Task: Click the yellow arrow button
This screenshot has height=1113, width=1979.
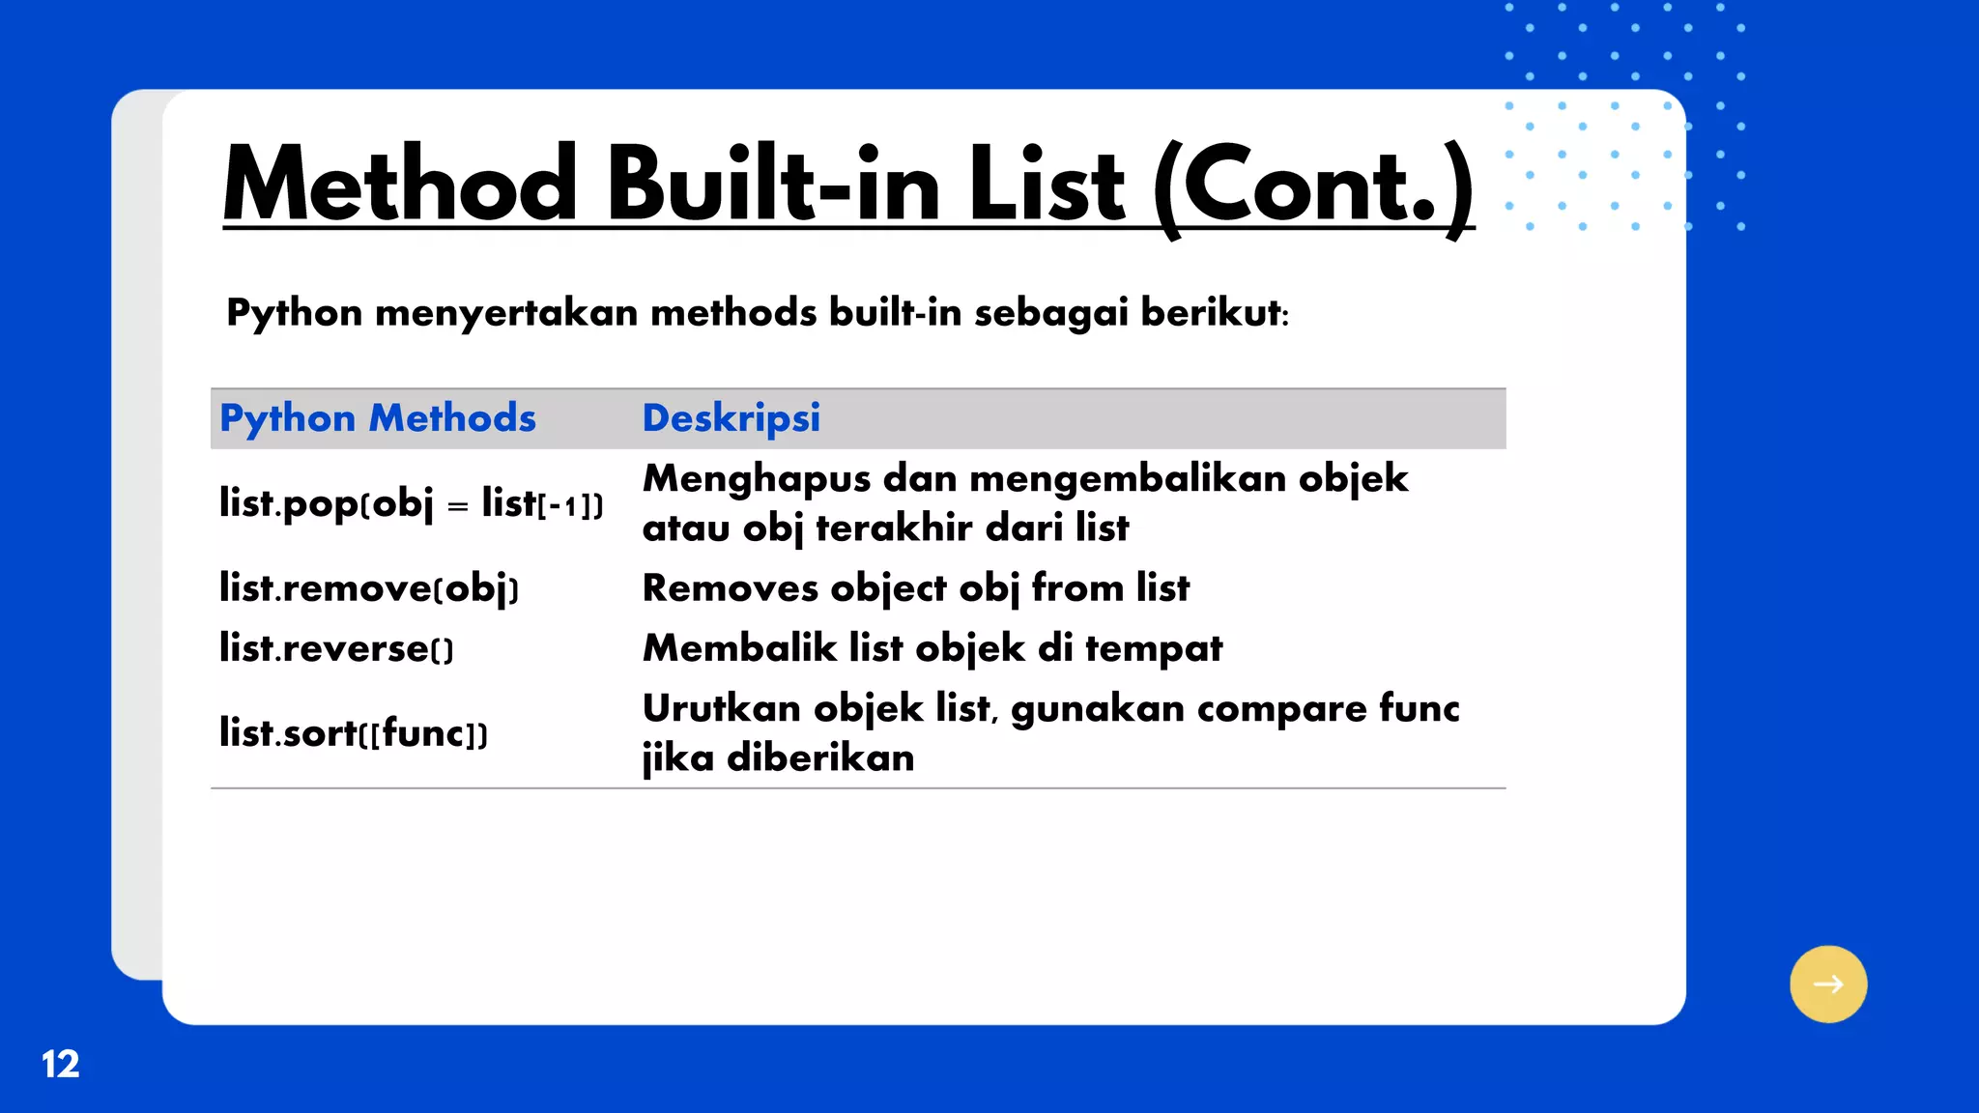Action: [x=1827, y=984]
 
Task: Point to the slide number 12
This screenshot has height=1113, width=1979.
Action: [x=60, y=1064]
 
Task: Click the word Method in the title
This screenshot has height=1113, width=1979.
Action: [x=400, y=184]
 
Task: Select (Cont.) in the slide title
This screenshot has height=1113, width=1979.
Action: [x=1313, y=185]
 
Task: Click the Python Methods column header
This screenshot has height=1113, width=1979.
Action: [x=378, y=418]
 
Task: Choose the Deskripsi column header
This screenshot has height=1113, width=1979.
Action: [x=731, y=418]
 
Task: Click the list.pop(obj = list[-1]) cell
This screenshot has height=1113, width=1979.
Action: [x=411, y=503]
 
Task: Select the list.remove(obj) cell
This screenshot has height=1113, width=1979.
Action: [x=369, y=588]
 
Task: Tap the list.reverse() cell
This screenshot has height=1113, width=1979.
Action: [x=336, y=648]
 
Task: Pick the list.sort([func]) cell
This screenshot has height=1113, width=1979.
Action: [x=354, y=733]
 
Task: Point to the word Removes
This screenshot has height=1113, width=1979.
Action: [x=730, y=588]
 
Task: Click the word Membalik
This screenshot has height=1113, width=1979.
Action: [x=739, y=648]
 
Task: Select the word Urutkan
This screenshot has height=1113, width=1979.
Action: [x=722, y=709]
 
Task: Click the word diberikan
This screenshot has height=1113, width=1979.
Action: [x=820, y=757]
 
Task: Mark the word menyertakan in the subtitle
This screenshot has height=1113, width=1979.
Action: [x=506, y=313]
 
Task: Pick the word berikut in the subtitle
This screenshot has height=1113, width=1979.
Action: [x=1211, y=313]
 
